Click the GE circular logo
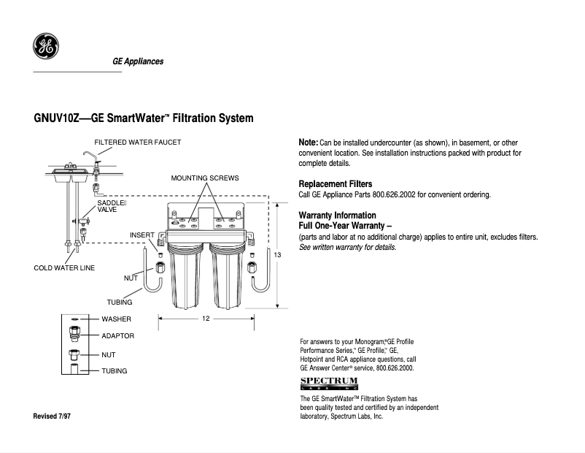coord(45,46)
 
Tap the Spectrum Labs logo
coord(329,384)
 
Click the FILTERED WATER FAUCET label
coord(137,142)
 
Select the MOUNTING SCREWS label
coord(205,178)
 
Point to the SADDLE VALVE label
coord(112,206)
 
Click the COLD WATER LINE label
coord(64,268)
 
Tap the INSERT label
coord(142,235)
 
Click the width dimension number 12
coord(206,319)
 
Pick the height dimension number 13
coord(277,255)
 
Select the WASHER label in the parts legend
coord(117,319)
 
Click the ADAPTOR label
coord(118,336)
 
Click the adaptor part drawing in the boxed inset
coord(74,333)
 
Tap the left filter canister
coord(185,277)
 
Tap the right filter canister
coord(225,277)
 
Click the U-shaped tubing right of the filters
coord(261,271)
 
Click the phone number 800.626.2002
coord(394,195)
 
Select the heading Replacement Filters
coord(336,184)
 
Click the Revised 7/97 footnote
coord(52,416)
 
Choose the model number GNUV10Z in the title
coord(56,118)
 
